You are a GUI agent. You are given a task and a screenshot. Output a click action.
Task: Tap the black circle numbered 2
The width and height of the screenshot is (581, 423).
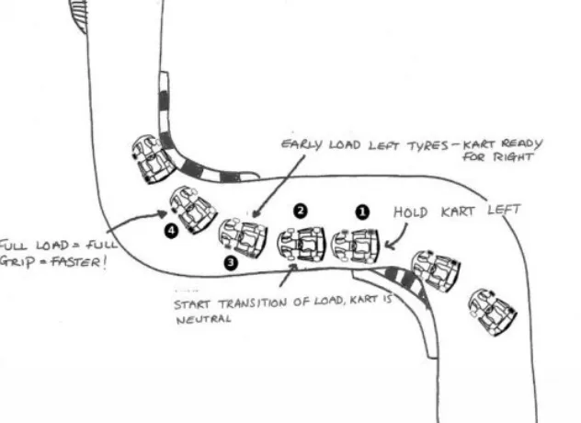click(301, 211)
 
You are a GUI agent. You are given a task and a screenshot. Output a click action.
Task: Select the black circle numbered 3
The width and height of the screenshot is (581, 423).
click(231, 263)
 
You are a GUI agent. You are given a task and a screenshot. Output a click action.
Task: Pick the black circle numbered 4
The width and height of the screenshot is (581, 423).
click(171, 232)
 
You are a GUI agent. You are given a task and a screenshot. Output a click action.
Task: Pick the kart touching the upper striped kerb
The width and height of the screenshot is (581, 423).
click(152, 158)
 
